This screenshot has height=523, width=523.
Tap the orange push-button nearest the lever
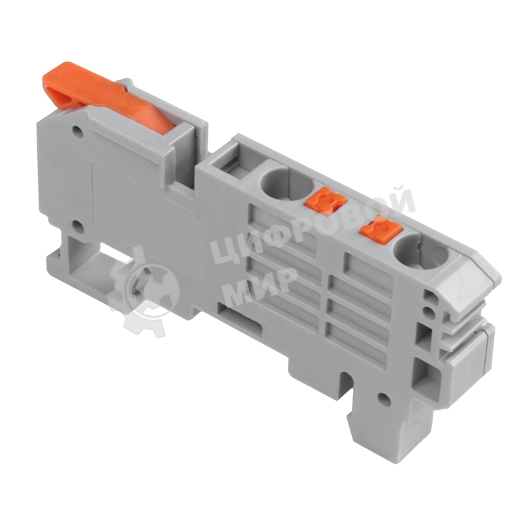click(x=322, y=199)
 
